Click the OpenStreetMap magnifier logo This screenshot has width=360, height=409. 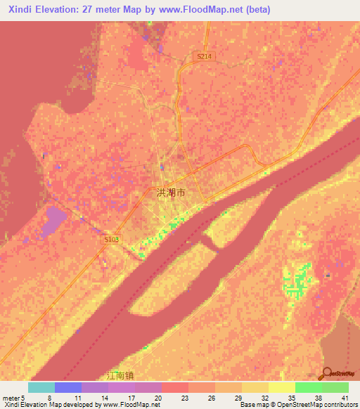tap(326, 372)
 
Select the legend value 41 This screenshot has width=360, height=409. tap(345, 398)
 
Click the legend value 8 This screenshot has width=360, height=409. tap(50, 398)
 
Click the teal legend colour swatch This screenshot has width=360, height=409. tap(41, 387)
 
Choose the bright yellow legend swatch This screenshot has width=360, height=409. tap(281, 387)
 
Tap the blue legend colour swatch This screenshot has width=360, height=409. tap(67, 387)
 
